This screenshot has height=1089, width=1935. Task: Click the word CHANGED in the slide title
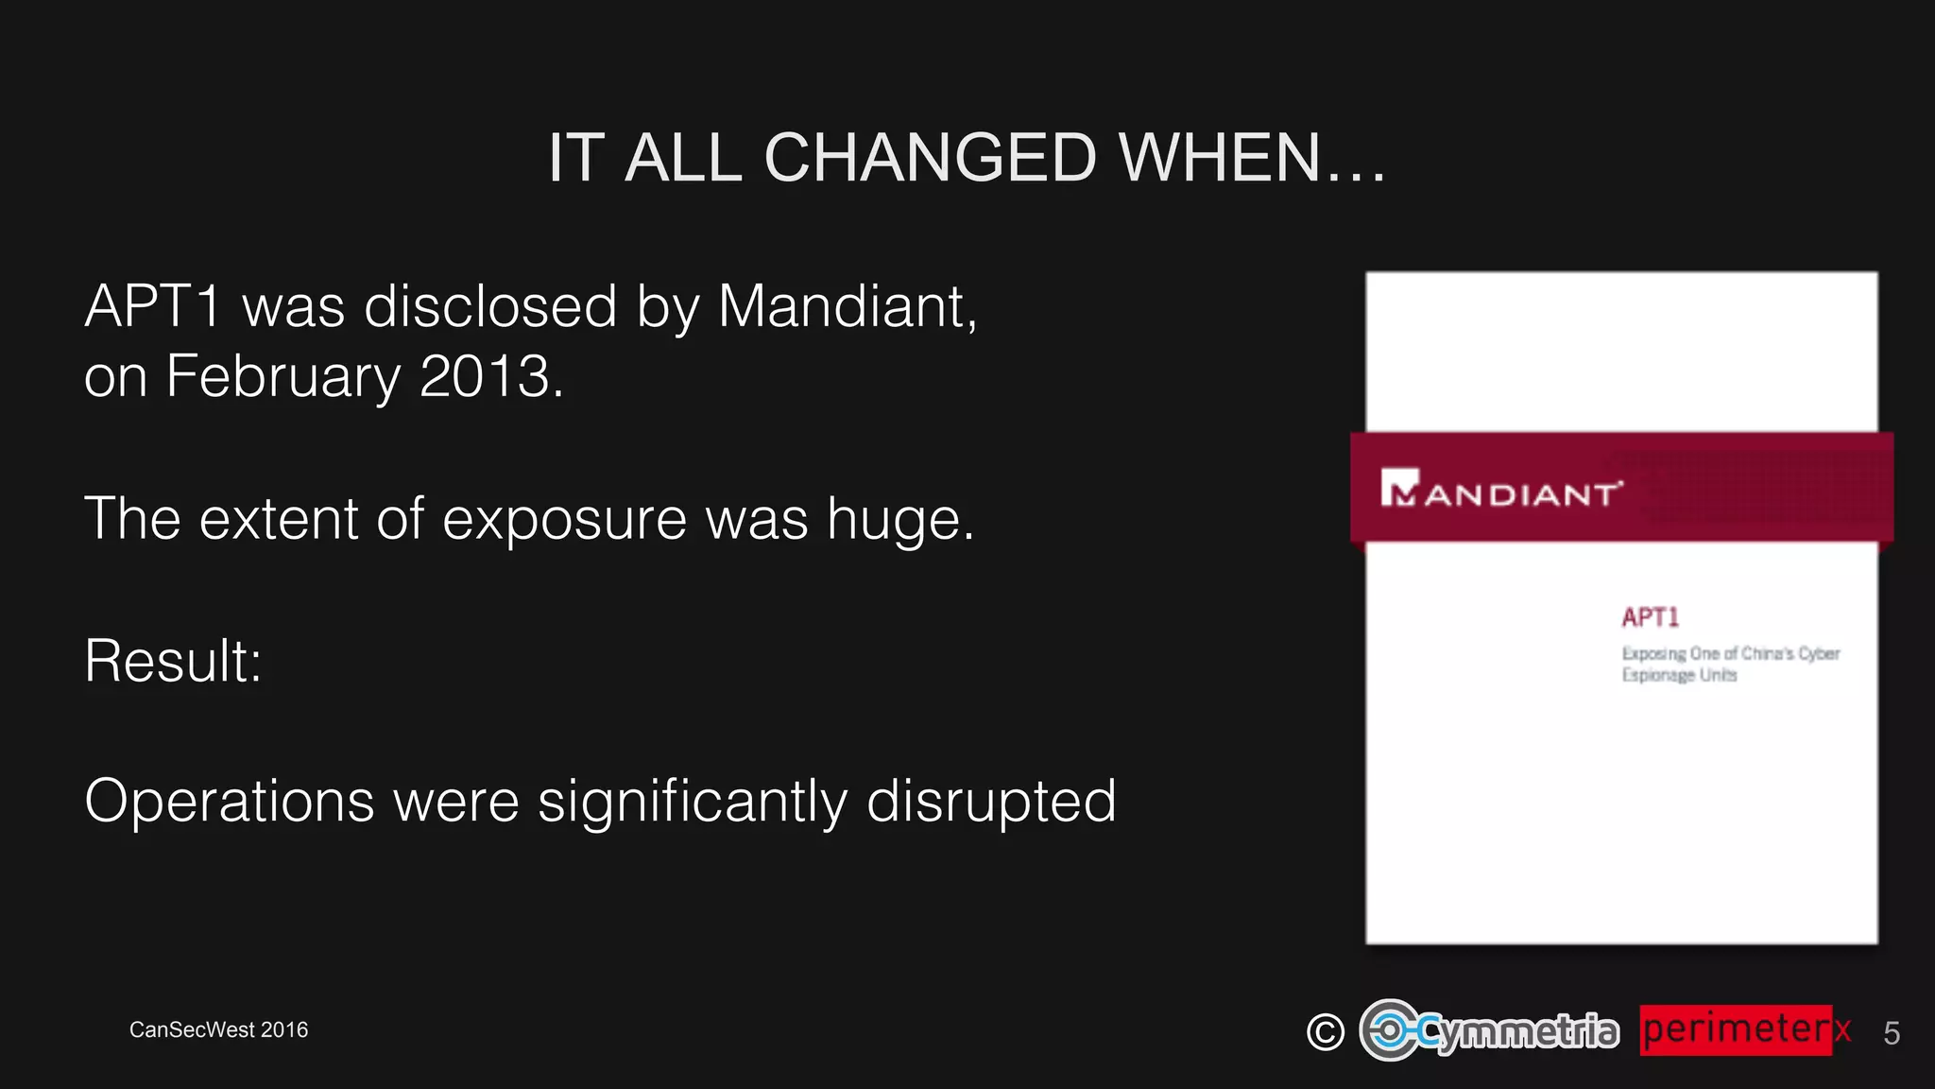(x=930, y=157)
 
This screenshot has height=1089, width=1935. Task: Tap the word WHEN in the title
(x=1219, y=157)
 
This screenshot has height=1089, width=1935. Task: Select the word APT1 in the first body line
(x=153, y=306)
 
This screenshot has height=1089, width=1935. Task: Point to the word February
(x=283, y=376)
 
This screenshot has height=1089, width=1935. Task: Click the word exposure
(x=565, y=519)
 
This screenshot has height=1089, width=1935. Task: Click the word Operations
(x=230, y=802)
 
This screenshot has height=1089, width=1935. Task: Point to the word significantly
(x=693, y=802)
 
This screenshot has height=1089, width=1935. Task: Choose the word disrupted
(x=991, y=802)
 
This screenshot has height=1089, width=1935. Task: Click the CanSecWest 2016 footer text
(x=218, y=1029)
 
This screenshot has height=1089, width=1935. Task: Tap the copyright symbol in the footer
(x=1325, y=1031)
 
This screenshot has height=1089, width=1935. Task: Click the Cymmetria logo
(x=1489, y=1030)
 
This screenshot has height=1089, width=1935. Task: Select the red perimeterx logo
(x=1742, y=1029)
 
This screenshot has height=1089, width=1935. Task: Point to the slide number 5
(x=1891, y=1033)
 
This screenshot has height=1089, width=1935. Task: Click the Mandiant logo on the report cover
(x=1500, y=489)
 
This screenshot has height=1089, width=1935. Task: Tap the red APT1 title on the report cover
(x=1650, y=617)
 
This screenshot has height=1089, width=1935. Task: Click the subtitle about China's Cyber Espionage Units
(x=1729, y=664)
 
